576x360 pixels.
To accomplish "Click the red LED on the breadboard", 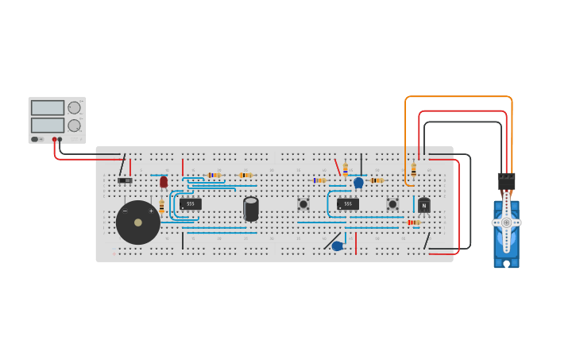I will click(x=164, y=182).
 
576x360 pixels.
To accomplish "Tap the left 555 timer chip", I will click(x=190, y=204).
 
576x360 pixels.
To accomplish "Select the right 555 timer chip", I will click(x=347, y=204).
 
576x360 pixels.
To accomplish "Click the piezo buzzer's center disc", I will click(x=138, y=223).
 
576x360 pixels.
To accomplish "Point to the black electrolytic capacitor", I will click(x=251, y=209).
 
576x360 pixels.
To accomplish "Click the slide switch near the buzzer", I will click(x=125, y=180).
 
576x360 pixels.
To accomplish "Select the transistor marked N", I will click(x=424, y=205).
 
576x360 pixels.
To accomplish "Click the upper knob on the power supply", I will click(x=74, y=107).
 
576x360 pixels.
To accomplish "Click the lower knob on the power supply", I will click(x=74, y=126).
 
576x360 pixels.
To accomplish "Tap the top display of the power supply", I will click(x=48, y=107).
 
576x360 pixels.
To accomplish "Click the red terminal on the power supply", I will click(x=55, y=140).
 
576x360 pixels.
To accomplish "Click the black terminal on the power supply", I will click(x=60, y=140).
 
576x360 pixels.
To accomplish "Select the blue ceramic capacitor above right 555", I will click(x=358, y=183).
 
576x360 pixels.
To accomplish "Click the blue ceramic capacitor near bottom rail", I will click(x=337, y=246).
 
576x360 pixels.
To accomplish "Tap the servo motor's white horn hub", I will click(x=506, y=223).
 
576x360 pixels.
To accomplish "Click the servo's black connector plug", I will click(x=506, y=181).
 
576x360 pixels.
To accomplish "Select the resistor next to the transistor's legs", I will click(x=412, y=223).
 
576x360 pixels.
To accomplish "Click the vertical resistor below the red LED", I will click(x=162, y=207).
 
